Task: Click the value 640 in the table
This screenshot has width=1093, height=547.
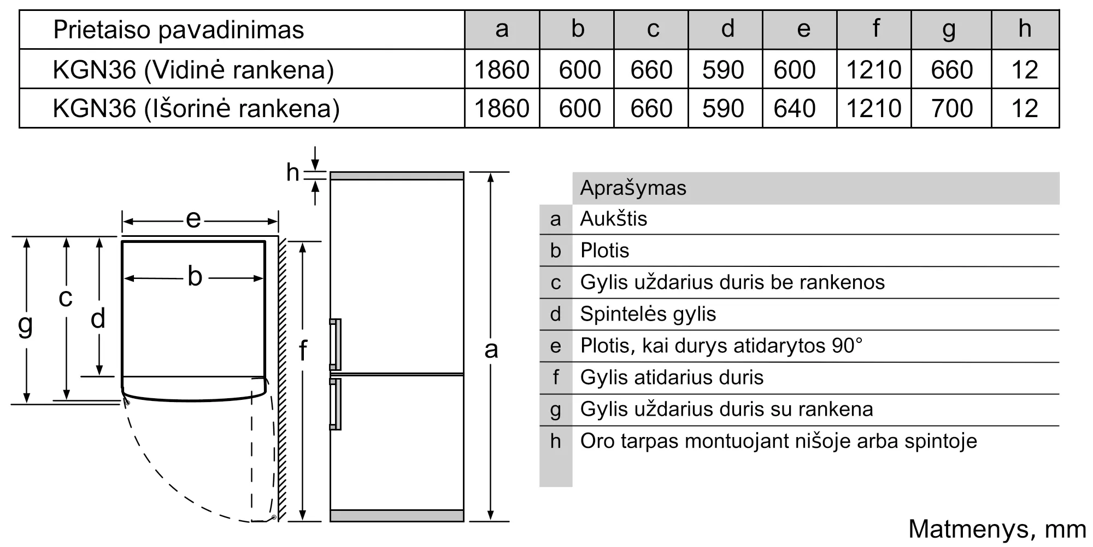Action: pyautogui.click(x=795, y=108)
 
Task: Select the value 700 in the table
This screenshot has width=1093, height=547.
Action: pyautogui.click(x=951, y=108)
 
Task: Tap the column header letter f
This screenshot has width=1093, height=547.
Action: pyautogui.click(x=876, y=28)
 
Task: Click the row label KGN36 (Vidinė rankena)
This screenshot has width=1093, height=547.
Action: pyautogui.click(x=193, y=69)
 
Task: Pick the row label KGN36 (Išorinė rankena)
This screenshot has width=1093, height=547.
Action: pyautogui.click(x=196, y=108)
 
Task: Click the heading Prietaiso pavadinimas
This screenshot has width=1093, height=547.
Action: pyautogui.click(x=178, y=30)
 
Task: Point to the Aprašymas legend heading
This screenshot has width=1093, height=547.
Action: pyautogui.click(x=633, y=188)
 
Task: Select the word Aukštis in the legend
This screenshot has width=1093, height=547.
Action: pyautogui.click(x=613, y=219)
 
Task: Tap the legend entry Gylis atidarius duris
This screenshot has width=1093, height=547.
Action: pyautogui.click(x=672, y=377)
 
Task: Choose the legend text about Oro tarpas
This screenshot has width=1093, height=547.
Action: pyautogui.click(x=778, y=441)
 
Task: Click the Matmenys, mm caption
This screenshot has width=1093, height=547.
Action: pyautogui.click(x=997, y=529)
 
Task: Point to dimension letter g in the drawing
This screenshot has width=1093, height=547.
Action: pyautogui.click(x=25, y=324)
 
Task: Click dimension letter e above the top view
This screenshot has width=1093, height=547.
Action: pyautogui.click(x=193, y=219)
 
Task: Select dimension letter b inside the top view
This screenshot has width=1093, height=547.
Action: pyautogui.click(x=195, y=277)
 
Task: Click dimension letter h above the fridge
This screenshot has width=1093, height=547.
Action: pyautogui.click(x=292, y=173)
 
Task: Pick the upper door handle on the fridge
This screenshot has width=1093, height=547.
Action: pyautogui.click(x=336, y=344)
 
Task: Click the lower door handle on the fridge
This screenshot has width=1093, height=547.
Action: pyautogui.click(x=336, y=404)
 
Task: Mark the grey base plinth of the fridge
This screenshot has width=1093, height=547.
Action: pyautogui.click(x=397, y=515)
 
